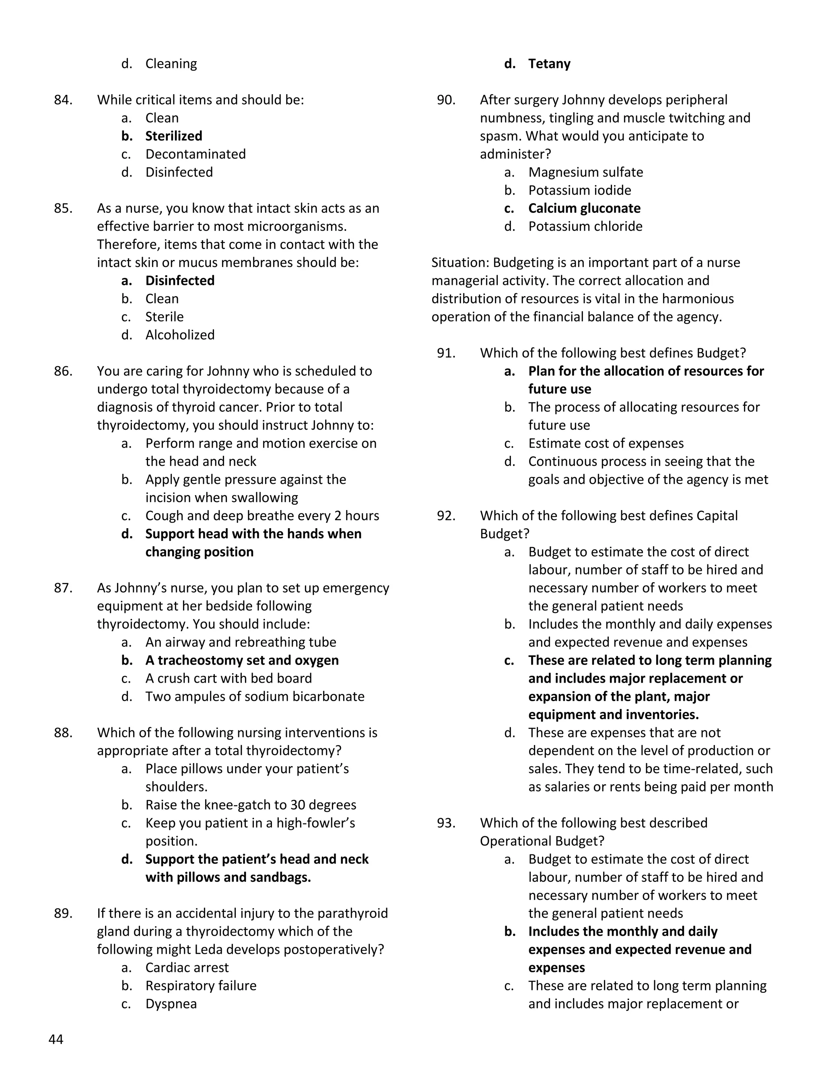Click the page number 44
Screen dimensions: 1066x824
(56, 1039)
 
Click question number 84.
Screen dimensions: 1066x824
(63, 100)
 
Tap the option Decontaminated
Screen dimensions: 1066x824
(195, 154)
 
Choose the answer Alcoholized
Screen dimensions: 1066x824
(179, 335)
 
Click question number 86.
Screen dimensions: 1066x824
(63, 371)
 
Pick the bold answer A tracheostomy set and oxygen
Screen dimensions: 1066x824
(242, 661)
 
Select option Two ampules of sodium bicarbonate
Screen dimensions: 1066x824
(254, 696)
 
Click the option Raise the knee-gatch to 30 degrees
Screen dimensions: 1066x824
(250, 805)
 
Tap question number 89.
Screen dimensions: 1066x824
(63, 913)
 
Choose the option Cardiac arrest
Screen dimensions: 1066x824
(187, 967)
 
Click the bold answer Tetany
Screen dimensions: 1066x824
(549, 64)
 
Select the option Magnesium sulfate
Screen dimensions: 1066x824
(585, 172)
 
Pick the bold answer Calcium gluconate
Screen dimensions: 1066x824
(584, 208)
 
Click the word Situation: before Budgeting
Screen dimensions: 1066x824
(460, 263)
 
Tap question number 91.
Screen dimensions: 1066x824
(446, 353)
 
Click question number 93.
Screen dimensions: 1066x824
(446, 823)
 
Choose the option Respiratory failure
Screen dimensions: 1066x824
(201, 986)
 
